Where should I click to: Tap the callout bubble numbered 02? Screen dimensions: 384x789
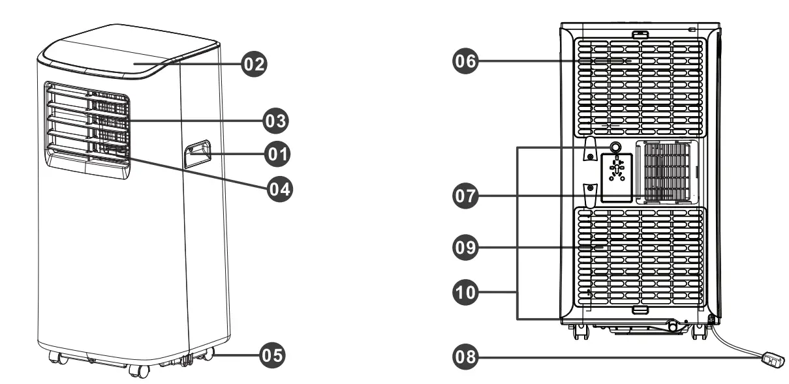254,64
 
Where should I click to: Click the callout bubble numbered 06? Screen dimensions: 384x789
465,62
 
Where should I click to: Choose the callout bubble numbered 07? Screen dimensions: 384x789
466,195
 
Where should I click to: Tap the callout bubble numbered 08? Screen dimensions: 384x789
466,357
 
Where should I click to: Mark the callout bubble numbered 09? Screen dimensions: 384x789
466,248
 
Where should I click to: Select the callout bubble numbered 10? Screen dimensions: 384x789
466,293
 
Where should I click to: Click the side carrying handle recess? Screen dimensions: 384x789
198,154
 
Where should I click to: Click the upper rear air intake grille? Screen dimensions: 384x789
640,85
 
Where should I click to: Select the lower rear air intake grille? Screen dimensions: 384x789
640,258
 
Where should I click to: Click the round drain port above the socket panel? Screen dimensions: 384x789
615,147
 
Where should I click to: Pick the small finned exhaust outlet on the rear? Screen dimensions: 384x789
667,171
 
